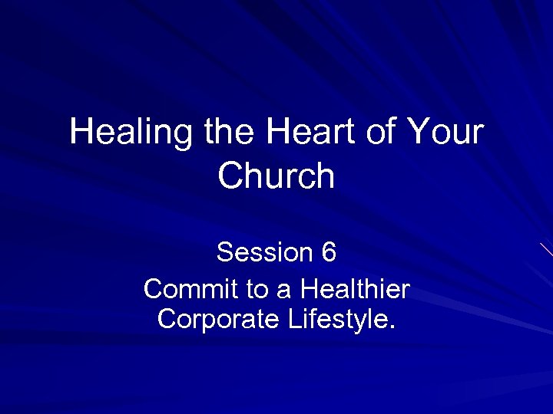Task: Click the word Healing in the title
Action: pos(131,132)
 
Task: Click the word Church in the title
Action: pos(276,176)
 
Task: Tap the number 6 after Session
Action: pos(328,251)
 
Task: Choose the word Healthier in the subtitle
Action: pos(355,289)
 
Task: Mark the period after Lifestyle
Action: pos(392,326)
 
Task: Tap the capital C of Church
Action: pos(230,176)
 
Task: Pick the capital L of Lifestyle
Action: pos(295,318)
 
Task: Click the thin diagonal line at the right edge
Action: pos(546,249)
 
